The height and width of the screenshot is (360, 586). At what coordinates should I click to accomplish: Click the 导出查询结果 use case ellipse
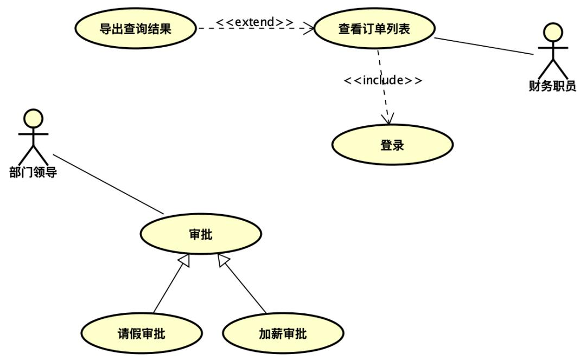pos(135,29)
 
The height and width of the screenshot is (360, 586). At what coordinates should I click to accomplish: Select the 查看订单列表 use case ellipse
pos(374,29)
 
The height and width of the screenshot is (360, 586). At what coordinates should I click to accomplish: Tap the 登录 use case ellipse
pos(392,145)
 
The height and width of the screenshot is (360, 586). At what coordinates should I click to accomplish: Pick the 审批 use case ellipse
pos(200,234)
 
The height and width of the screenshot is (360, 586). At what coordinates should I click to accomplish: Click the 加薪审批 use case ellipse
pos(283,333)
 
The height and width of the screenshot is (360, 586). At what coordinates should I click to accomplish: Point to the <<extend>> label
pos(254,22)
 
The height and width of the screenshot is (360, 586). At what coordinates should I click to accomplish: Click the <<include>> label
pos(383,80)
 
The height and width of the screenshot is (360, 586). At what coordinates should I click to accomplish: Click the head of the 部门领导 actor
pos(33,118)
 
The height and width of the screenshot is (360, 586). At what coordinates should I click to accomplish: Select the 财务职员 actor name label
pos(552,86)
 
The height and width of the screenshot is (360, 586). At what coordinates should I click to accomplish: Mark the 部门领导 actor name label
pos(33,173)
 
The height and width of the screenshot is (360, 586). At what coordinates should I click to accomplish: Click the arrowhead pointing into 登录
pos(388,119)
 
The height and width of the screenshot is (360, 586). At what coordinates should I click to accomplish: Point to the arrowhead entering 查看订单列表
pos(309,28)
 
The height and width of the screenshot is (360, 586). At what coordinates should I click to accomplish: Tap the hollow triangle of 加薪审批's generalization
pos(223,260)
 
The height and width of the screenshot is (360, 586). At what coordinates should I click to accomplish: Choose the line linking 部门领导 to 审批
pos(109,184)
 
